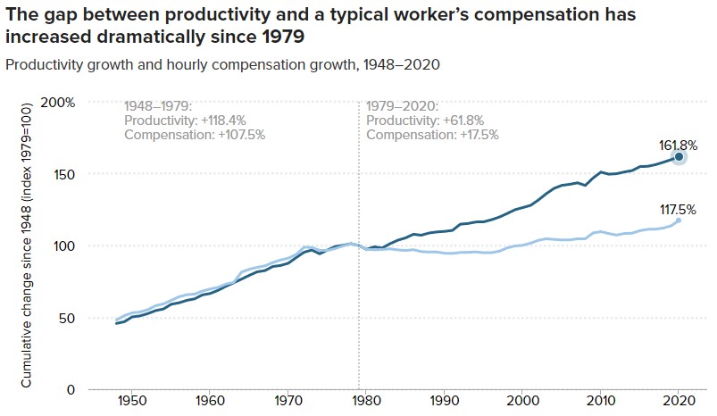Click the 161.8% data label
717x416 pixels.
pyautogui.click(x=679, y=144)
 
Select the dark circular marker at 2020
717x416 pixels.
pyautogui.click(x=679, y=157)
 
